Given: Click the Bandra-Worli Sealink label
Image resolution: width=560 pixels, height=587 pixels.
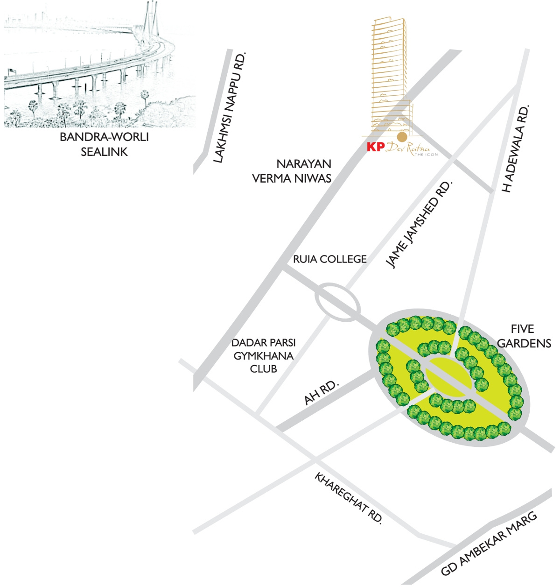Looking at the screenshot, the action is coord(104,144).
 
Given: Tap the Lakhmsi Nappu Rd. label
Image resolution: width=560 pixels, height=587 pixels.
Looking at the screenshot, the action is coord(230,107).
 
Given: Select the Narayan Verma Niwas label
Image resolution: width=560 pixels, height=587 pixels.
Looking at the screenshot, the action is coord(292,171).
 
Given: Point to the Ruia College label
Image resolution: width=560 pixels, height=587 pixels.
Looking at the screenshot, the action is coord(330,259).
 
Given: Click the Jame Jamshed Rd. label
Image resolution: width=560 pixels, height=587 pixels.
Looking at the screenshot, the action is coord(420,225).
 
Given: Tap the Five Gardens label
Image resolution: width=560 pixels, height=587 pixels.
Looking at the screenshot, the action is coord(524,336).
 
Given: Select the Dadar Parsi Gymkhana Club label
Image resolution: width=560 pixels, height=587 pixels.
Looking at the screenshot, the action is coord(263,356).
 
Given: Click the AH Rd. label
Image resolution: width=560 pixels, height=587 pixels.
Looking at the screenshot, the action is coord(322,392).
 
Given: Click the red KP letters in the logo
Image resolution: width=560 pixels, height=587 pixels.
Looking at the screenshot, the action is coord(376,147).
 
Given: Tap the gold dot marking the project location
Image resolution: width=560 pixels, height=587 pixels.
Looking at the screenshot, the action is coord(402,137).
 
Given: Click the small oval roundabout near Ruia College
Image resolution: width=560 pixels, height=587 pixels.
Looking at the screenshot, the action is coord(337,302).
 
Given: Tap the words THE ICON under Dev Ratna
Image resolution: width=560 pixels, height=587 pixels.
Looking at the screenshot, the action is coord(426,155).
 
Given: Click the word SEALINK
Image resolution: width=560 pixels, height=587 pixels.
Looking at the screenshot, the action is coord(104,152).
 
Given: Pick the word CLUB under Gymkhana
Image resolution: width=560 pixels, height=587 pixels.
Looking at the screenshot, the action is coord(263,369).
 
